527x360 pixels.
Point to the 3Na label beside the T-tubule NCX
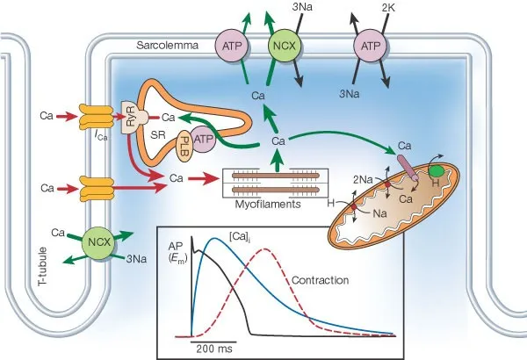pos(135,259)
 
